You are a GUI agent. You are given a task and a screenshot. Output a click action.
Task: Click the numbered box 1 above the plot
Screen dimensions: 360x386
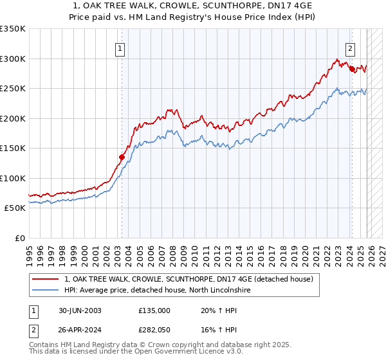[121, 48]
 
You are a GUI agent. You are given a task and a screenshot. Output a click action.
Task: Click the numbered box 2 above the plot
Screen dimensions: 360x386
[351, 48]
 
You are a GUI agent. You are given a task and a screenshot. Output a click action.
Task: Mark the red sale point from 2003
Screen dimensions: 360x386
[122, 156]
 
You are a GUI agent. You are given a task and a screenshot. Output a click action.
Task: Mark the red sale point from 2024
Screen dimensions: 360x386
[352, 69]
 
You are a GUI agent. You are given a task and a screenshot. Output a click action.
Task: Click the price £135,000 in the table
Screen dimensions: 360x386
[154, 310]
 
